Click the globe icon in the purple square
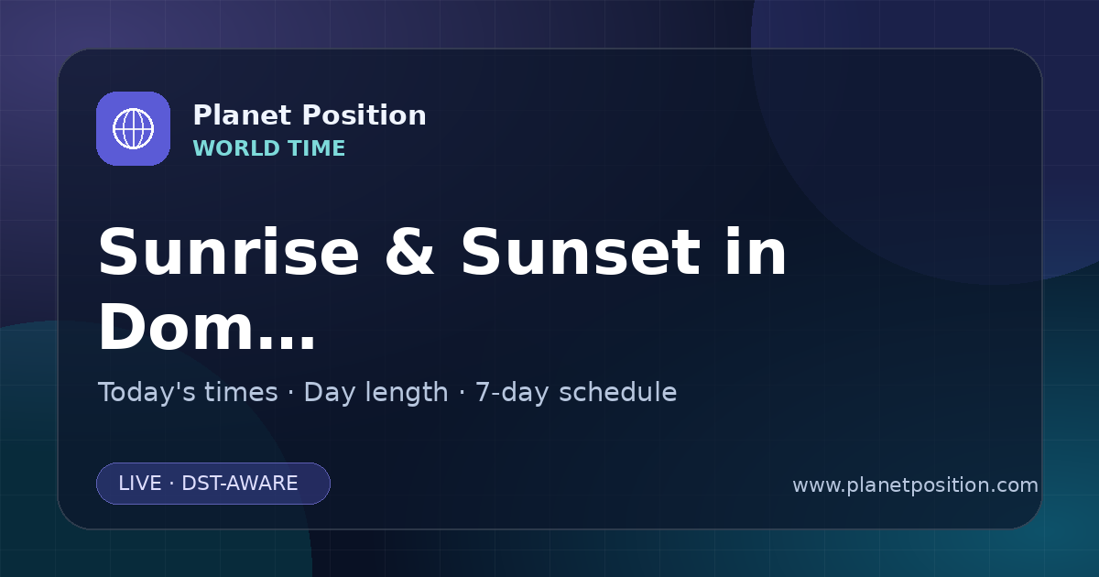(x=133, y=128)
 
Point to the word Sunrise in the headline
(x=229, y=252)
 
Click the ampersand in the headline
(x=409, y=252)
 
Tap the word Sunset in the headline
(x=581, y=252)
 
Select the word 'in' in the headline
(x=756, y=252)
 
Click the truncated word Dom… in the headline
(x=207, y=326)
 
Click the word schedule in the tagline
(x=618, y=392)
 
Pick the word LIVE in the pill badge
(x=140, y=484)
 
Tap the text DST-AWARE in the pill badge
(x=240, y=484)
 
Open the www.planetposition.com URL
(x=916, y=485)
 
